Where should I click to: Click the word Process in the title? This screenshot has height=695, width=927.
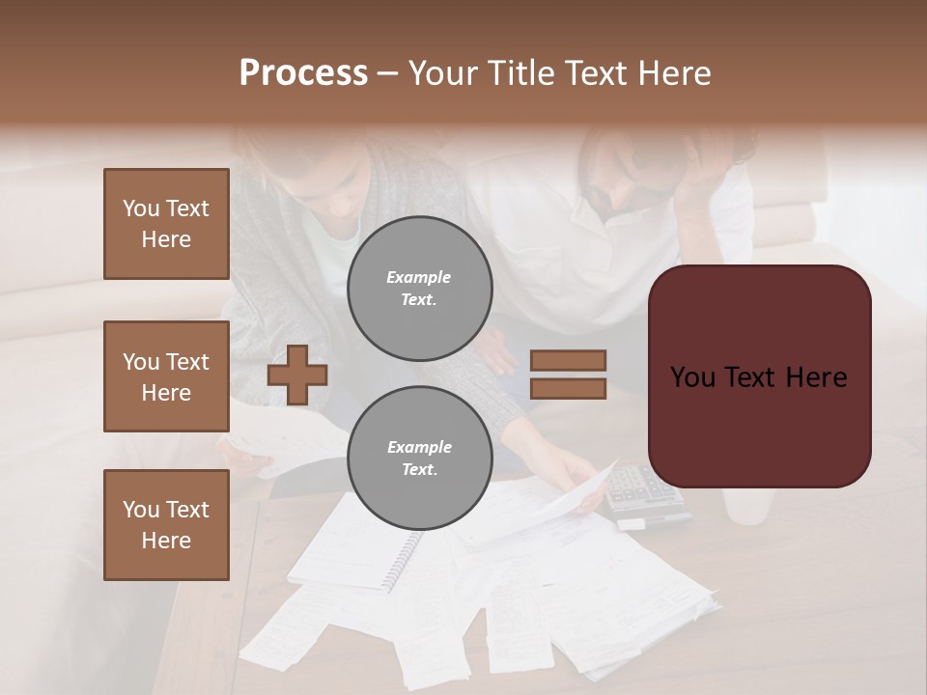[x=303, y=73]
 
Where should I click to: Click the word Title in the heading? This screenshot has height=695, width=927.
[x=524, y=73]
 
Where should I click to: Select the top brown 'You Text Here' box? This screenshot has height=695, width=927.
[x=166, y=224]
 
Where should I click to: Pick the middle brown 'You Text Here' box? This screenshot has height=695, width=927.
[x=166, y=376]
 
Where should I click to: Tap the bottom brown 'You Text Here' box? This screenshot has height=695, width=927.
[x=166, y=524]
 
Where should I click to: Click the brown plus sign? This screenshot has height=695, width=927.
[x=297, y=374]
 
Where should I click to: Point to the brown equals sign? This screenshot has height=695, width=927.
[x=568, y=375]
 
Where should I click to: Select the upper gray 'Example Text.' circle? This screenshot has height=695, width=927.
[x=419, y=289]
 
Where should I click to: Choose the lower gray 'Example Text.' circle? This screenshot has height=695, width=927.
[x=419, y=459]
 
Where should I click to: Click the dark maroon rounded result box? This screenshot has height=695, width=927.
[x=759, y=376]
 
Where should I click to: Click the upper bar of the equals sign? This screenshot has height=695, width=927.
[x=568, y=360]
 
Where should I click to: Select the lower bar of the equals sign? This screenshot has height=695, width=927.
[x=568, y=388]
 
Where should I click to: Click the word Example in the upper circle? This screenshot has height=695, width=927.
[x=419, y=277]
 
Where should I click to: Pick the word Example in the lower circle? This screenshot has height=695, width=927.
[x=419, y=447]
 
